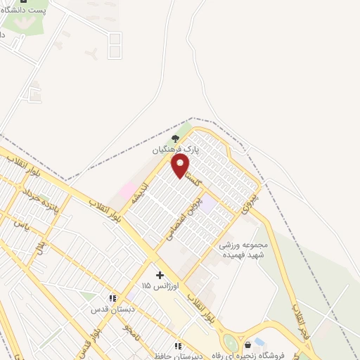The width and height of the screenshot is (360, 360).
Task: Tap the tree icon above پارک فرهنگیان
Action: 175,139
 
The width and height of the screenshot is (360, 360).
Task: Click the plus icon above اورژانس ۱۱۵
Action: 160,275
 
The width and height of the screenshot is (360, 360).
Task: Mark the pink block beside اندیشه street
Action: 127,190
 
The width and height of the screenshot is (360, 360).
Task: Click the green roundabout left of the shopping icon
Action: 229,343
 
